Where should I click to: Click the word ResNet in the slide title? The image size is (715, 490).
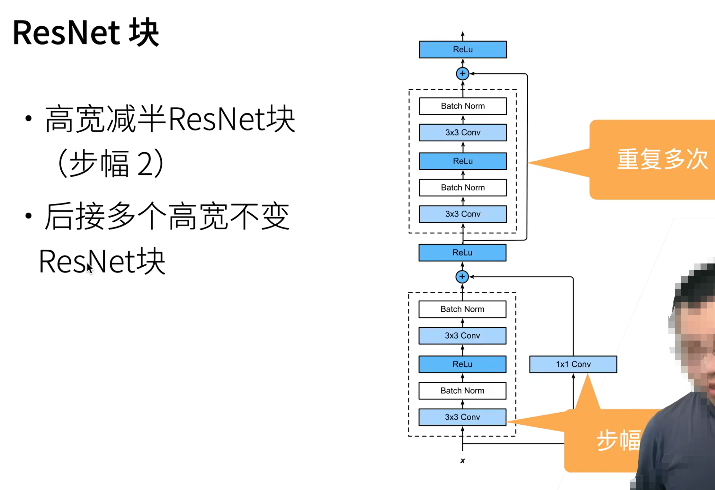pyautogui.click(x=66, y=33)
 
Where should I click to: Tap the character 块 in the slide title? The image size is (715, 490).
pyautogui.click(x=144, y=33)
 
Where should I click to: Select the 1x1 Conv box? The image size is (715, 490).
pyautogui.click(x=573, y=364)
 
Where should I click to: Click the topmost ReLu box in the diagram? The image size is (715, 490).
pyautogui.click(x=463, y=49)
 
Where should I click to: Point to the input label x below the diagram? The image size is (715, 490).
pyautogui.click(x=462, y=460)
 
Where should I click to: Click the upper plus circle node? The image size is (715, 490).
pyautogui.click(x=462, y=74)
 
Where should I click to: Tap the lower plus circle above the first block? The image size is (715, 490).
pyautogui.click(x=462, y=277)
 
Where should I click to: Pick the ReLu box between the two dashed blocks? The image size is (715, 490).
pyautogui.click(x=462, y=253)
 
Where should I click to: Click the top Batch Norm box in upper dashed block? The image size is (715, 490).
pyautogui.click(x=463, y=106)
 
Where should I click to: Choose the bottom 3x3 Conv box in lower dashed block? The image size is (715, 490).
pyautogui.click(x=462, y=417)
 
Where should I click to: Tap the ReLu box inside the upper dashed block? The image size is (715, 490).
pyautogui.click(x=463, y=161)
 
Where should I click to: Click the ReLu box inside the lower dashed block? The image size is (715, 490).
pyautogui.click(x=462, y=364)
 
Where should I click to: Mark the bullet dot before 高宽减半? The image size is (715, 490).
pyautogui.click(x=29, y=119)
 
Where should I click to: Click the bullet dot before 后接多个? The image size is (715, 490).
pyautogui.click(x=29, y=216)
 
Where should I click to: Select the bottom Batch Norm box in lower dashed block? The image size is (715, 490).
pyautogui.click(x=462, y=391)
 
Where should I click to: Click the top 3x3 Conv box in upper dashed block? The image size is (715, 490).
pyautogui.click(x=463, y=132)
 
